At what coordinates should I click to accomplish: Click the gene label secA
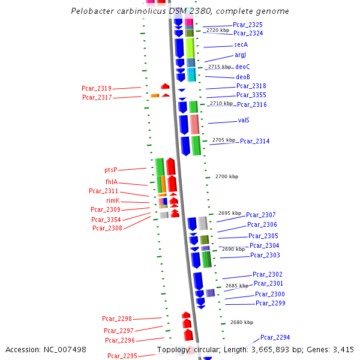point(241,44)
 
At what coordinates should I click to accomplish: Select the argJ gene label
point(240,55)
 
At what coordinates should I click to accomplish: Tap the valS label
point(244,120)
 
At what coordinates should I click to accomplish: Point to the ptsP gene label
point(111,170)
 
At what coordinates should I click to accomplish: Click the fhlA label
point(111,182)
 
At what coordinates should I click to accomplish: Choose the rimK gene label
point(113,200)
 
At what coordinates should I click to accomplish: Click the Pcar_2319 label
point(97,88)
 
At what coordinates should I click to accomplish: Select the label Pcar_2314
point(255,141)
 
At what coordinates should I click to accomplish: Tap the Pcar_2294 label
point(275,337)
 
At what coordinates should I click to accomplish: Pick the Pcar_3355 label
point(251,95)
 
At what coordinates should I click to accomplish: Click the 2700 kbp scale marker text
point(227,176)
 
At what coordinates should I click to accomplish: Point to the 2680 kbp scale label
point(242,322)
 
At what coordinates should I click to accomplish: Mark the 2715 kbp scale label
point(220,67)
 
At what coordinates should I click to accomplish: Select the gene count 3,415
point(342,350)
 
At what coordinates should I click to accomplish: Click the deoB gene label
point(243,77)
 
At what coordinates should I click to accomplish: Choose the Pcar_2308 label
point(107,228)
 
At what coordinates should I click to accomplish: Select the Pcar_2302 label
point(267,274)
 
